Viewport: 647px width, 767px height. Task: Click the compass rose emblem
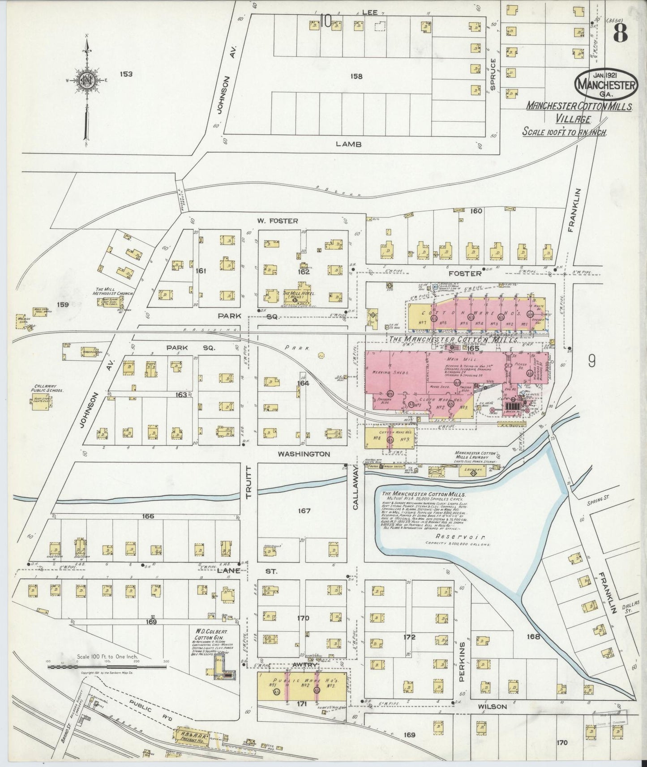coord(87,81)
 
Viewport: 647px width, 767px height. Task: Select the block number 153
coord(126,74)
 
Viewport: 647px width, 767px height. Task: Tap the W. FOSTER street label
coord(277,221)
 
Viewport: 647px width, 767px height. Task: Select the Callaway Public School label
coord(49,388)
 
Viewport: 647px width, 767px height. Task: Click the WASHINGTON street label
coord(304,454)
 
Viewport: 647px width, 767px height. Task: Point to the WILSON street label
coord(492,707)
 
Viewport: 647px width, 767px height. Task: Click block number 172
coord(409,637)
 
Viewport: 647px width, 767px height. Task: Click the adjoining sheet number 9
coord(592,361)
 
